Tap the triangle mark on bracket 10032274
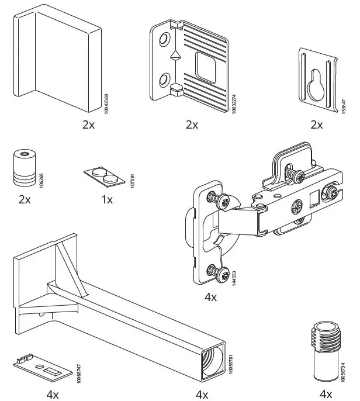(x=174, y=57)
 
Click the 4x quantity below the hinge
(x=210, y=297)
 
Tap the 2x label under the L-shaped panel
(x=89, y=125)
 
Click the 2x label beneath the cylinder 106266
(x=25, y=199)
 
